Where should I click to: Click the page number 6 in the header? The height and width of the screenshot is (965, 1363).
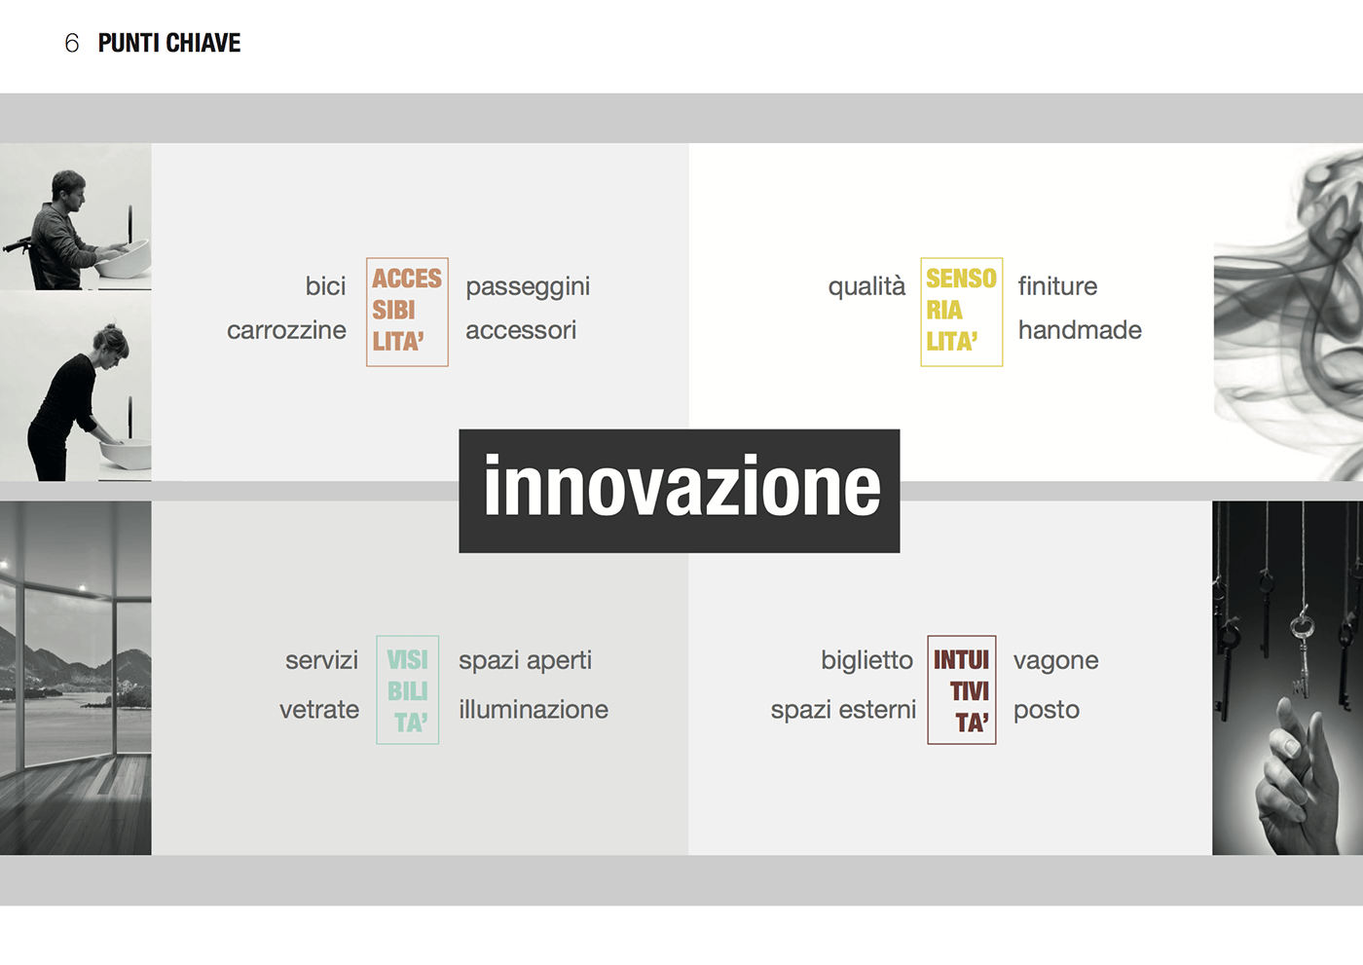point(72,43)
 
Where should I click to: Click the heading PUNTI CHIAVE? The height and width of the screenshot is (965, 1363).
point(169,43)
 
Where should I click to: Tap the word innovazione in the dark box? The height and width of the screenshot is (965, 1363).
point(682,486)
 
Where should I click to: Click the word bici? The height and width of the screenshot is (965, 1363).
point(325,286)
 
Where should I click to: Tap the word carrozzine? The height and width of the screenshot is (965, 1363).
point(286,330)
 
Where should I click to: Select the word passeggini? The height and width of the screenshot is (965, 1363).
point(528,287)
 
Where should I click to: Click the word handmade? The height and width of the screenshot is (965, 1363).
point(1080,330)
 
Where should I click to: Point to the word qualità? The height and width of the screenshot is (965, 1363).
point(866,286)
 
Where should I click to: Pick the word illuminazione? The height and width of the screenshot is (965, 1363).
point(534,710)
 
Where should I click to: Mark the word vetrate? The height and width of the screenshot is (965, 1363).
point(319,710)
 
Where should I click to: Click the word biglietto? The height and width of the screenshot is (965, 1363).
point(867,661)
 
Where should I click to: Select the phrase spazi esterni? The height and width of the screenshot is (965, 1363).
point(843,710)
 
